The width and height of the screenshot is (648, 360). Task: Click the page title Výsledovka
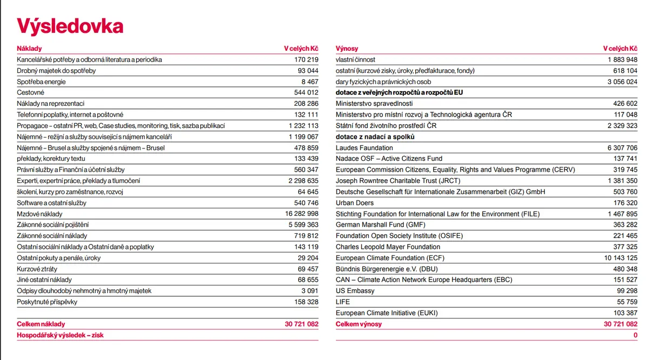coord(70,26)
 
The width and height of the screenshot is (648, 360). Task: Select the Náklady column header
coord(29,49)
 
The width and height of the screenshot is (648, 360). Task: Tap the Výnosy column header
coord(347,49)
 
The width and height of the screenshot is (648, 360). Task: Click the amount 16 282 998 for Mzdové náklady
coord(301,214)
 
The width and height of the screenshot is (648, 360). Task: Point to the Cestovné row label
coord(30,92)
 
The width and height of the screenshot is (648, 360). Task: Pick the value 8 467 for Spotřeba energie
coord(309,82)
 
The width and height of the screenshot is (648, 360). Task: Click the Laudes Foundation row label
coord(364,148)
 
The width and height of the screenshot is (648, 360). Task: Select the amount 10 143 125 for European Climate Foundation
coord(620,257)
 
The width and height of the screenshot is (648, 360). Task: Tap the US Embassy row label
coord(355,290)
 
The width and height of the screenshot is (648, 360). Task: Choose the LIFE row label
coord(342,302)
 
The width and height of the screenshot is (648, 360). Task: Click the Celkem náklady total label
coord(41,324)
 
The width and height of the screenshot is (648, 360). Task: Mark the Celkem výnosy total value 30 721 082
coord(620,324)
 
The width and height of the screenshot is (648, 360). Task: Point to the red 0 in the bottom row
coord(635,335)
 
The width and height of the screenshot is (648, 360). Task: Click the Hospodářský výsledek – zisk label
coord(60,335)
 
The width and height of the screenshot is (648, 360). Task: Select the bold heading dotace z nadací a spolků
coord(375,137)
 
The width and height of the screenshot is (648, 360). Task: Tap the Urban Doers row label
coord(355,203)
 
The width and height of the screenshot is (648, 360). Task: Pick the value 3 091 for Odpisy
coord(309,290)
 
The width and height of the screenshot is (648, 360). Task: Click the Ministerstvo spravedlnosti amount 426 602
coord(625,104)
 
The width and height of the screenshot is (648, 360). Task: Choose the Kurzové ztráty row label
coord(37,269)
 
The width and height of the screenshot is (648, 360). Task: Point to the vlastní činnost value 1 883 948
coord(623,59)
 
